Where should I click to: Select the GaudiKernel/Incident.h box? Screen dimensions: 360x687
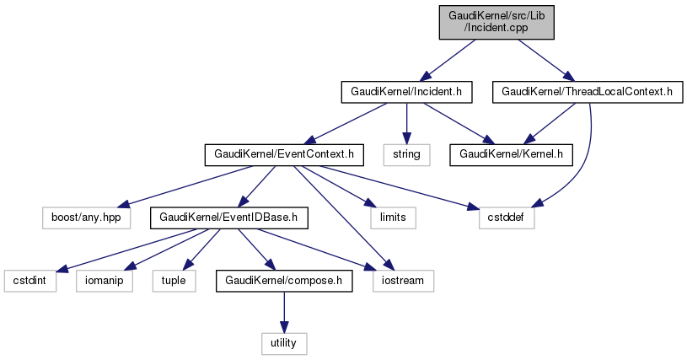[x=405, y=91]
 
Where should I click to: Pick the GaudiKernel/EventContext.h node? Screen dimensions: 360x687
[x=284, y=154]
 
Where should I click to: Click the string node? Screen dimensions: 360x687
[x=406, y=154]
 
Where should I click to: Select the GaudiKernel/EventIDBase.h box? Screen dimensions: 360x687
[x=228, y=218]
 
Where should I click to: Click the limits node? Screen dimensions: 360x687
[x=388, y=218]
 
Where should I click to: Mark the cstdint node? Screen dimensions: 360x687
[x=30, y=280]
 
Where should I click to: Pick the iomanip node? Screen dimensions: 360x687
[x=109, y=280]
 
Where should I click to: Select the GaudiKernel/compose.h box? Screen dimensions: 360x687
[x=283, y=280]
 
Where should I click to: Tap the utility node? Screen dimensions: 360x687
[x=283, y=343]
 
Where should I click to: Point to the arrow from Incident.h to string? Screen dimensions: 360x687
[x=406, y=122]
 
